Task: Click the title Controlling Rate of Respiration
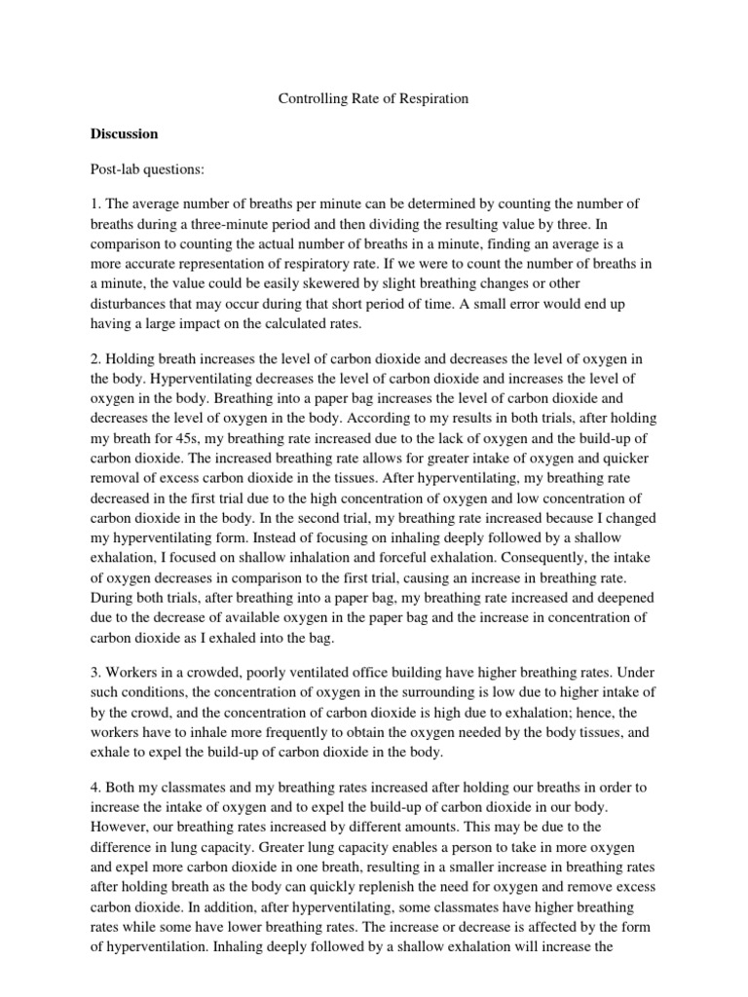[x=374, y=99]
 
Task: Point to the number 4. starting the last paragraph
[x=124, y=786]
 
